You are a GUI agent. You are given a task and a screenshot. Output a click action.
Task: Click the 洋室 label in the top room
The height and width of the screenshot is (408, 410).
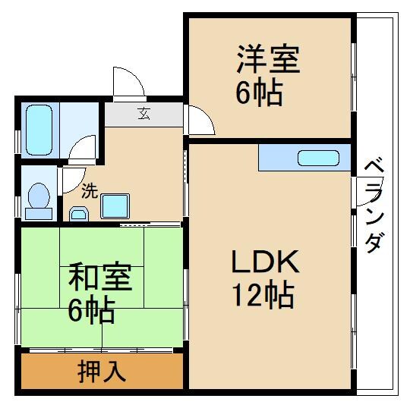click(x=268, y=60)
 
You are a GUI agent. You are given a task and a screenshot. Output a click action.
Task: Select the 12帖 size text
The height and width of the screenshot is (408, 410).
click(x=263, y=294)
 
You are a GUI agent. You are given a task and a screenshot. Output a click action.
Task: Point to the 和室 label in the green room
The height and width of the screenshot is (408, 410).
click(x=100, y=278)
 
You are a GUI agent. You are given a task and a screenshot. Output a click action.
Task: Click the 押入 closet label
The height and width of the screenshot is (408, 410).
click(x=102, y=372)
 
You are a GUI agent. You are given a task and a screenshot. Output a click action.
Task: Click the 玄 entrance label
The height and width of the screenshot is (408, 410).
click(x=143, y=115)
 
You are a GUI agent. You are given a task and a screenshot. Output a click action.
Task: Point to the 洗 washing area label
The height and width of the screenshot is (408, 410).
click(x=89, y=191)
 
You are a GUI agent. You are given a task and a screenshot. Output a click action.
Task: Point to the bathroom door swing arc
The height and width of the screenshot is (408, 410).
click(x=82, y=148)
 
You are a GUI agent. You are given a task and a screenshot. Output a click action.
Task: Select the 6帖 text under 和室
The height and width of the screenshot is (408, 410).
click(x=91, y=310)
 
